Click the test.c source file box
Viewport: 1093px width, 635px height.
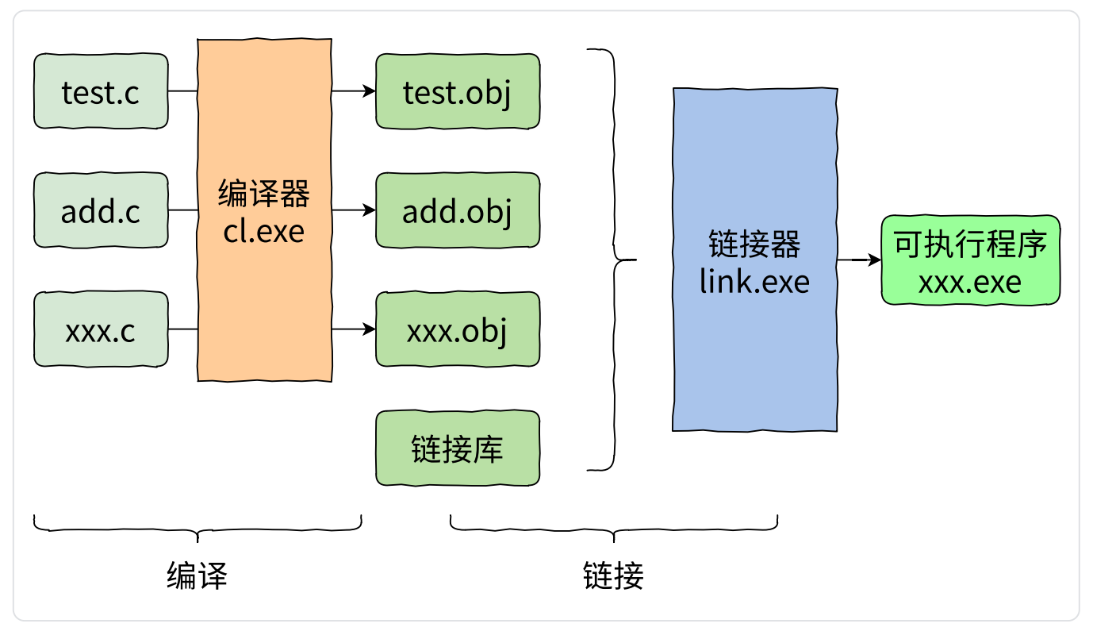(x=101, y=91)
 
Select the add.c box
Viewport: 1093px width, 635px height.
(x=101, y=210)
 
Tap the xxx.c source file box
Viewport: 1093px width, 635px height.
(x=101, y=329)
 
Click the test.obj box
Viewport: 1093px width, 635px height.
(x=458, y=91)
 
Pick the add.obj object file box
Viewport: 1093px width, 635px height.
(x=458, y=210)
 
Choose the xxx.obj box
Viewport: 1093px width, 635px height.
(x=458, y=329)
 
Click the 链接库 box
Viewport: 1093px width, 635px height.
(x=458, y=448)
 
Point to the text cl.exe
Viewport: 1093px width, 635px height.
(x=264, y=231)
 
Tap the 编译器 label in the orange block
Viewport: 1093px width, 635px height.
(x=264, y=194)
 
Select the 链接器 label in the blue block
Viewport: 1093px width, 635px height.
(x=754, y=244)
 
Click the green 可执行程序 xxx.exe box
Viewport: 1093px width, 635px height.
(x=971, y=260)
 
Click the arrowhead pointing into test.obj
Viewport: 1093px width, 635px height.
(x=370, y=90)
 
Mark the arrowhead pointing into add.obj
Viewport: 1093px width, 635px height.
(x=370, y=210)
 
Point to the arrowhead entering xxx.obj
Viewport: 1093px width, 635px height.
(x=370, y=329)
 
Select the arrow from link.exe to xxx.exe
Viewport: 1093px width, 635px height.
(x=860, y=260)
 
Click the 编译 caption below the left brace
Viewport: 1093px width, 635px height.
(x=198, y=576)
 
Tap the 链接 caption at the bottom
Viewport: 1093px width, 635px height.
(x=613, y=576)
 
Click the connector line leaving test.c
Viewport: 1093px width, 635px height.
(x=183, y=90)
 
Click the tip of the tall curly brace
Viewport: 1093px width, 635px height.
(x=636, y=260)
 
